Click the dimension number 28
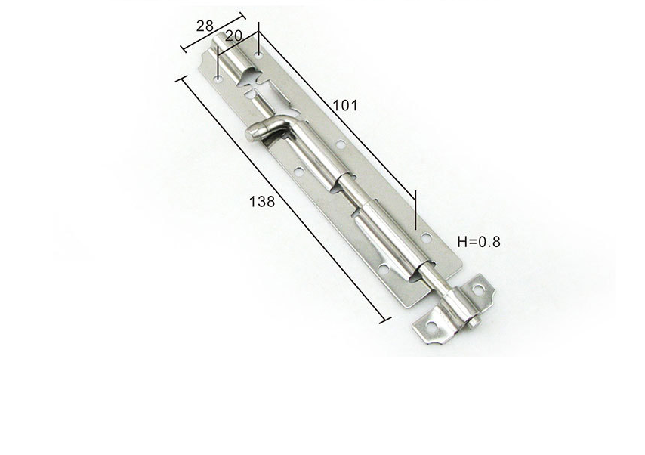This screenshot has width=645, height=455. point(204,26)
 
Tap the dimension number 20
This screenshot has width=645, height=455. point(233,36)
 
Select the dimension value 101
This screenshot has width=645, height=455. point(344,105)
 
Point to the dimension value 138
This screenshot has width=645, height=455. point(261,201)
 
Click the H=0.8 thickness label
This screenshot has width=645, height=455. point(479,242)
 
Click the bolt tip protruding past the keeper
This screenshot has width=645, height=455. point(477,323)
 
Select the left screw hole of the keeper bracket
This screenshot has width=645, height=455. point(431,328)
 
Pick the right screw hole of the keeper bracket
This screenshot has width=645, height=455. point(477,289)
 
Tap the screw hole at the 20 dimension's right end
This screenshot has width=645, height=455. point(258,55)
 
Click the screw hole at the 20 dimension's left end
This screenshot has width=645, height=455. point(218,77)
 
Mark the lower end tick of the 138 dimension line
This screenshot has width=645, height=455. point(384,320)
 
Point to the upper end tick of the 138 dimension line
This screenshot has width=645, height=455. point(181,79)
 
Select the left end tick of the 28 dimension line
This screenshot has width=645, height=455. point(184,49)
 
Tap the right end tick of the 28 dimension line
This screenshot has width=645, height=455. point(243,14)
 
